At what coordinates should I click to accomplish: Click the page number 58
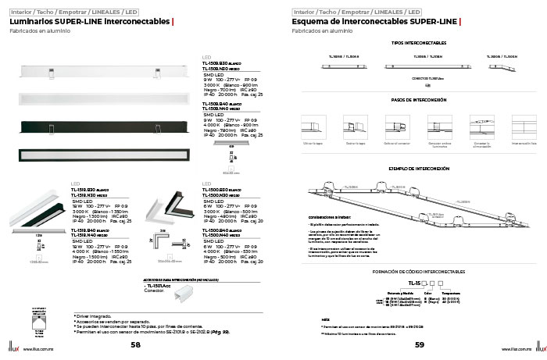click(136, 344)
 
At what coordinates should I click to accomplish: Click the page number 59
click(419, 344)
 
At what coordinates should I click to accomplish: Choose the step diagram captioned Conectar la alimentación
click(483, 127)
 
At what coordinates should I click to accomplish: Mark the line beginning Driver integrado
click(93, 315)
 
